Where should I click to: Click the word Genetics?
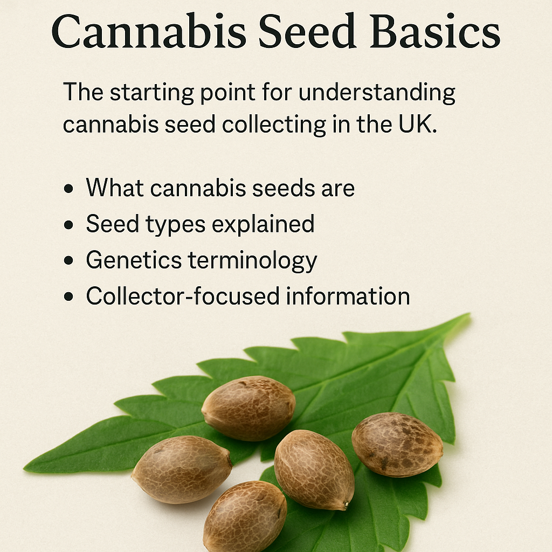134,260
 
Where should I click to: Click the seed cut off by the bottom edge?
245,516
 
